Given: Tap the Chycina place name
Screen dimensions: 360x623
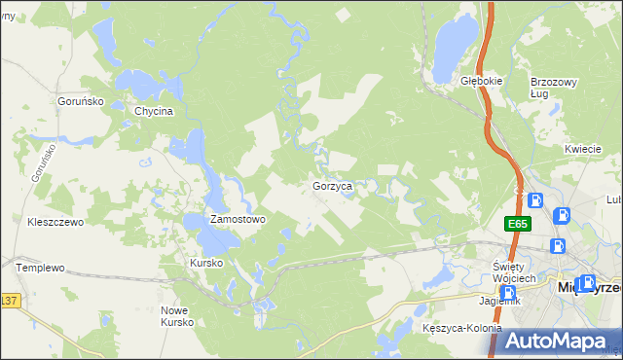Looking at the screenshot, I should click(x=154, y=111).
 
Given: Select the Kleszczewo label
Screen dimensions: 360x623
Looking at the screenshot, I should click(x=56, y=222).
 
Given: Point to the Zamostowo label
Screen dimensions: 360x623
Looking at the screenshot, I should click(x=238, y=220).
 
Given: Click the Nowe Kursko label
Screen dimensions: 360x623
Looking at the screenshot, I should click(x=177, y=315).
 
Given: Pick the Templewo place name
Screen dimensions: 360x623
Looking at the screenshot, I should click(x=40, y=267).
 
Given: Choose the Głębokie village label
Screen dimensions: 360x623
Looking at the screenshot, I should click(x=481, y=82).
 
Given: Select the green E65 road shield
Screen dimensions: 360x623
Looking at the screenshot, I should click(x=517, y=224).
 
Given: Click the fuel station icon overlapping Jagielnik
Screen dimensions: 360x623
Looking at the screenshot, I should click(x=507, y=293).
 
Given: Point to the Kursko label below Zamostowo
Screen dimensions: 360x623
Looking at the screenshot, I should click(x=206, y=263).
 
